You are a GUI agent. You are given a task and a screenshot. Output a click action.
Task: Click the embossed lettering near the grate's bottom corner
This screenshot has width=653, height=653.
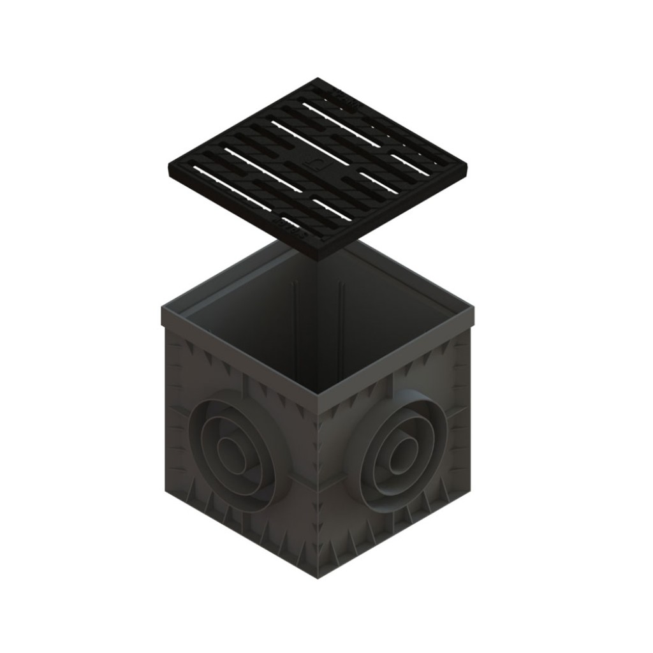pyautogui.click(x=290, y=226)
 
